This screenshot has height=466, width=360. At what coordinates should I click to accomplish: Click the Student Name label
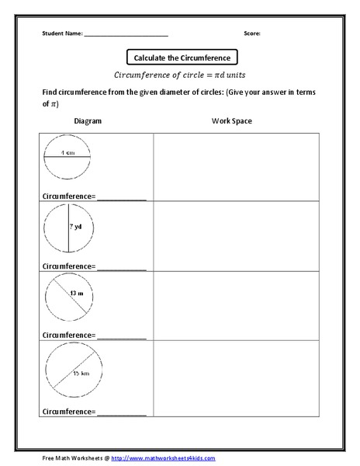click(x=61, y=34)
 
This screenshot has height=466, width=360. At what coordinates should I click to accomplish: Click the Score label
click(x=251, y=34)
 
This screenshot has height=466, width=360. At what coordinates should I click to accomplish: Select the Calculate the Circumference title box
click(x=181, y=57)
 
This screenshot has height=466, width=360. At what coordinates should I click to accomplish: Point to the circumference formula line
click(x=181, y=76)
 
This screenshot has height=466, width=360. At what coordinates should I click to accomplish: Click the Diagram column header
click(x=88, y=121)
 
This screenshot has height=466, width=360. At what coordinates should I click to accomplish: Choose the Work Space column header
click(x=231, y=121)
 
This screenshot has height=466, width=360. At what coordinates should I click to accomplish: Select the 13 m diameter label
click(x=76, y=294)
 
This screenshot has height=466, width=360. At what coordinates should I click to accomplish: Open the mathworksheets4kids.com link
click(x=163, y=458)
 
